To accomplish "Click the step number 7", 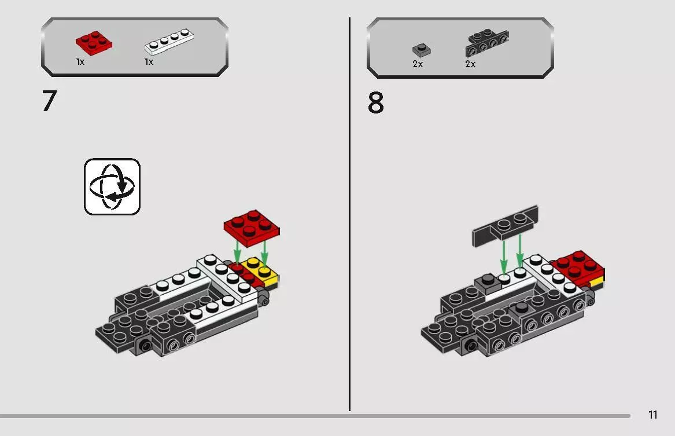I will click(50, 101).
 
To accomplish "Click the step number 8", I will click(375, 104).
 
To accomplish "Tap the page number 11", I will click(652, 415).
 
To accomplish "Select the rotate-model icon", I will click(112, 187).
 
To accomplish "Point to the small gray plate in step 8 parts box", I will click(421, 50).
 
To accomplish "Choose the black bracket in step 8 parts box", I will click(487, 42).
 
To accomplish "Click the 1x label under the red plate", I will click(80, 62).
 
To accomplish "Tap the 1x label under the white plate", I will click(149, 62).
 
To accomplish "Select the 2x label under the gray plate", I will click(418, 64).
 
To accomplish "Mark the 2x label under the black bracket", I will click(470, 64).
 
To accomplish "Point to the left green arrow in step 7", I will click(237, 253).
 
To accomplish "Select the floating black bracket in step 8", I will click(506, 226).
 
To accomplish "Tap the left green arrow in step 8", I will click(504, 257).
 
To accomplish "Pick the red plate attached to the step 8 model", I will click(578, 266).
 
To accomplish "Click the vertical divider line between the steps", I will click(349, 214).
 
